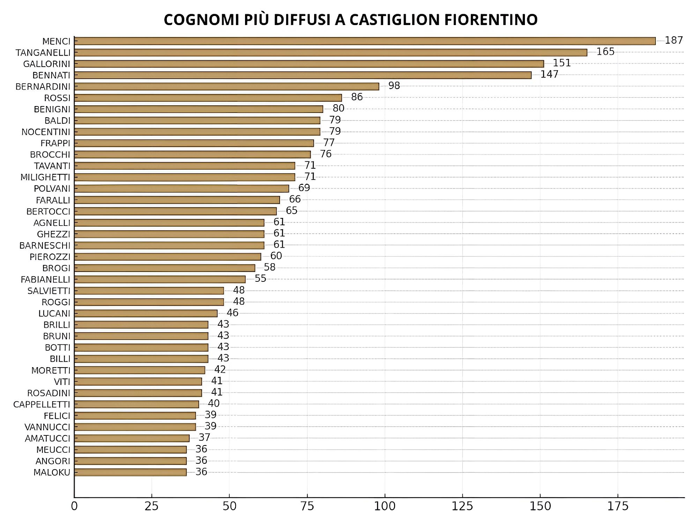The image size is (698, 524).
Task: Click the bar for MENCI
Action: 365,41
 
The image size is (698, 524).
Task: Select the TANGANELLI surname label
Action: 43,53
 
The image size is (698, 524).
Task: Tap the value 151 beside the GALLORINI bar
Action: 562,63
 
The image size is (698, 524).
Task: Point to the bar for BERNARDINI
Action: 226,86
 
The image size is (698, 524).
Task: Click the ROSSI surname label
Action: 57,98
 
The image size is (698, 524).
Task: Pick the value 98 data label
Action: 394,86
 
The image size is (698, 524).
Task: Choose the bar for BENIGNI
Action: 198,109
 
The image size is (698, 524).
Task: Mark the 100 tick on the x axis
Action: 385,506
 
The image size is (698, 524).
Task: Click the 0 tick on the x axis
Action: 74,506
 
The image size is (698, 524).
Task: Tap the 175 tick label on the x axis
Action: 618,506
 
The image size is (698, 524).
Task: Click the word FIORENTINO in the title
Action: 491,20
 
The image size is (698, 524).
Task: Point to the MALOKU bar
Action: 130,472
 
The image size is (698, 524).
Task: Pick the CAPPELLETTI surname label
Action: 41,405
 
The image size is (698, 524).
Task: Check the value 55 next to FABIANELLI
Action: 260,279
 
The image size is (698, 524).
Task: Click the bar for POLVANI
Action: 181,188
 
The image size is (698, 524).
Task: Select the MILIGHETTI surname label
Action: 45,178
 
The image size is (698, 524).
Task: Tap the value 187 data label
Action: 674,40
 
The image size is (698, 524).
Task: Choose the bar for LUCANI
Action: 146,313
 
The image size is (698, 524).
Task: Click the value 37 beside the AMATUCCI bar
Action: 204,438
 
